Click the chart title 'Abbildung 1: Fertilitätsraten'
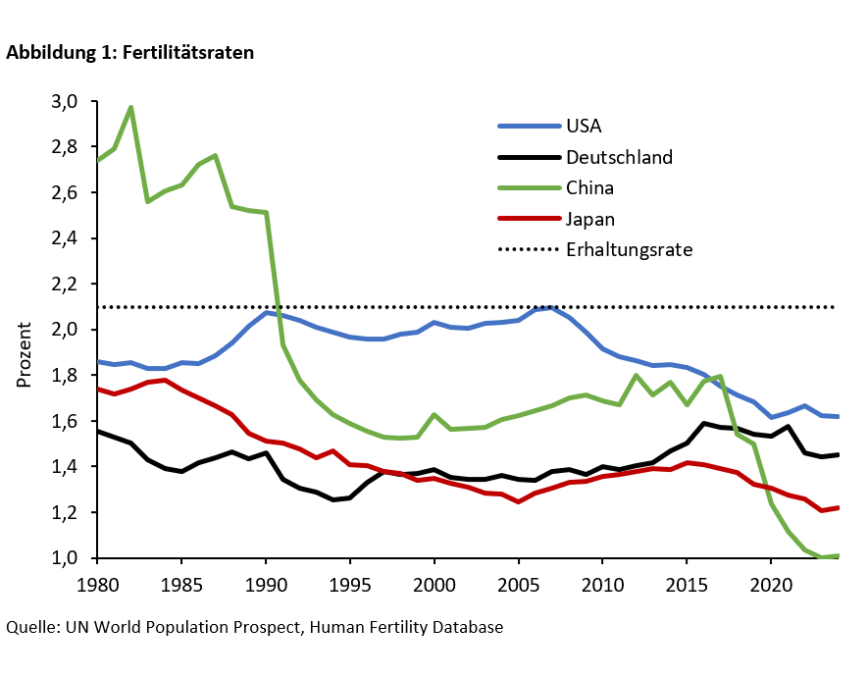tap(130, 54)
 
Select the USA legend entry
tap(584, 126)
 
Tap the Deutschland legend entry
tap(619, 156)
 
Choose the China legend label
tap(589, 187)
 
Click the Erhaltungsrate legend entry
tap(629, 250)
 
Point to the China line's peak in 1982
tap(130, 108)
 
